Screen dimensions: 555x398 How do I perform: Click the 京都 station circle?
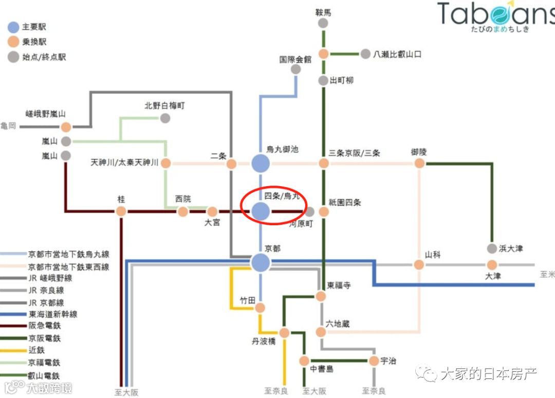(x=261, y=263)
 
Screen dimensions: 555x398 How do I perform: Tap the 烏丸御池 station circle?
(x=261, y=164)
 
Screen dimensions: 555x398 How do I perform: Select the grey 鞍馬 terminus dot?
(x=323, y=23)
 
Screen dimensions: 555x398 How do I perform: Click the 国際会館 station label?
(x=295, y=59)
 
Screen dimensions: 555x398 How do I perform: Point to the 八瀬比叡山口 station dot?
(x=365, y=54)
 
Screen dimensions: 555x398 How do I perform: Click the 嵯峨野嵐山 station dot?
(x=66, y=127)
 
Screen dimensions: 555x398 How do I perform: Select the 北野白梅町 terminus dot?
(x=165, y=118)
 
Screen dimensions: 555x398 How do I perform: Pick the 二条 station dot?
(x=231, y=164)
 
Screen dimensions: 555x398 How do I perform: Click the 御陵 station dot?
(x=419, y=164)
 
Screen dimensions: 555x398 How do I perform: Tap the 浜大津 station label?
(x=511, y=248)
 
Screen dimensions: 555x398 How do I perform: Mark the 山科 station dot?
(x=419, y=264)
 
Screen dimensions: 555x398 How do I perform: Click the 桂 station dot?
(x=121, y=211)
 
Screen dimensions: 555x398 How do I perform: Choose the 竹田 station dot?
(x=260, y=307)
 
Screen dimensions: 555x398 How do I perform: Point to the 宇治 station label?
(x=388, y=361)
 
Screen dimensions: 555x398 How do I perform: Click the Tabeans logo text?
(x=496, y=15)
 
